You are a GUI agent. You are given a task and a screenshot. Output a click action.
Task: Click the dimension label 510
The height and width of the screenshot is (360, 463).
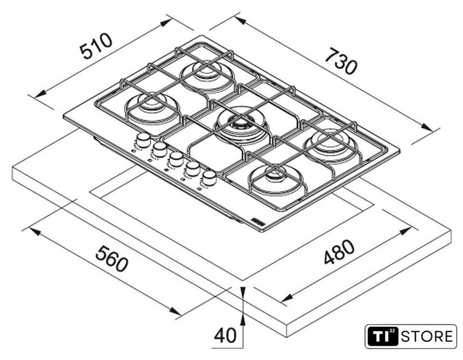(96, 46)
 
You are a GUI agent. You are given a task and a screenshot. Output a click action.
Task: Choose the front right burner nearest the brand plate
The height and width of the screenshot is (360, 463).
(275, 178)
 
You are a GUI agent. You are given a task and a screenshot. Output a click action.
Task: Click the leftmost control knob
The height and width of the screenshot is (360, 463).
(143, 139)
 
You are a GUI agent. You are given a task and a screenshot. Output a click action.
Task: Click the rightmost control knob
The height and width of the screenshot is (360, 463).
(209, 177)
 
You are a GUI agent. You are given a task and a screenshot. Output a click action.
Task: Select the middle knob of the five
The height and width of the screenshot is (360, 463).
(177, 158)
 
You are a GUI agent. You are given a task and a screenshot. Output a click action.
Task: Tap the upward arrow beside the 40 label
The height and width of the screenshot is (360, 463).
(242, 320)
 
